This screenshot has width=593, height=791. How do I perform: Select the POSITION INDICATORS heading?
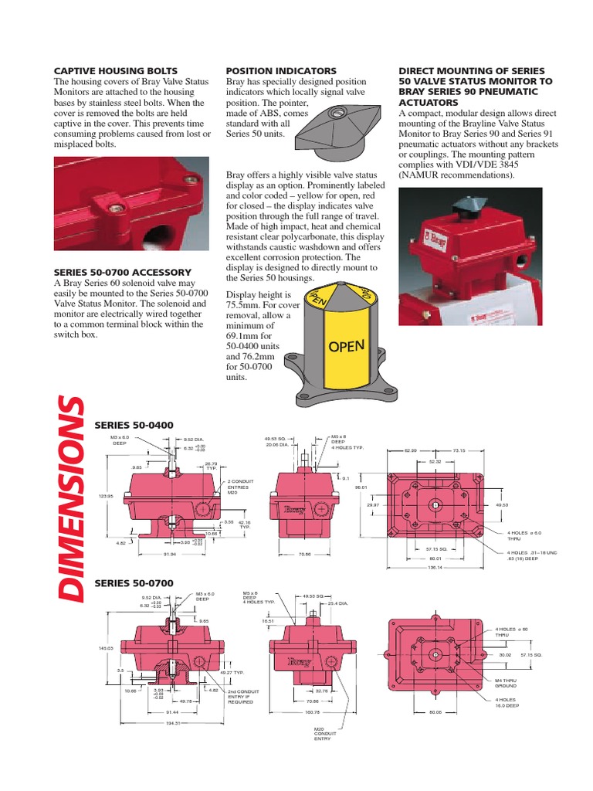[280, 71]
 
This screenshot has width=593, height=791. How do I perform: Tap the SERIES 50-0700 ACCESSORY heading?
[122, 272]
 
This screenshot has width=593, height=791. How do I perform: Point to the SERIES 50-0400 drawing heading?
[134, 425]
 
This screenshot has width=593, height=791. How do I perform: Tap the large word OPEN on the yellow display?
[346, 346]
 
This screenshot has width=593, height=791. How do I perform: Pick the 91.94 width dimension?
[170, 554]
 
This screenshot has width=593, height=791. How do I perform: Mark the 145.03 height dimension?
[106, 647]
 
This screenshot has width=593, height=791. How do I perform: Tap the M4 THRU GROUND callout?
[507, 683]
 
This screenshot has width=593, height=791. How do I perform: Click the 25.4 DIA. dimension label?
[337, 603]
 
